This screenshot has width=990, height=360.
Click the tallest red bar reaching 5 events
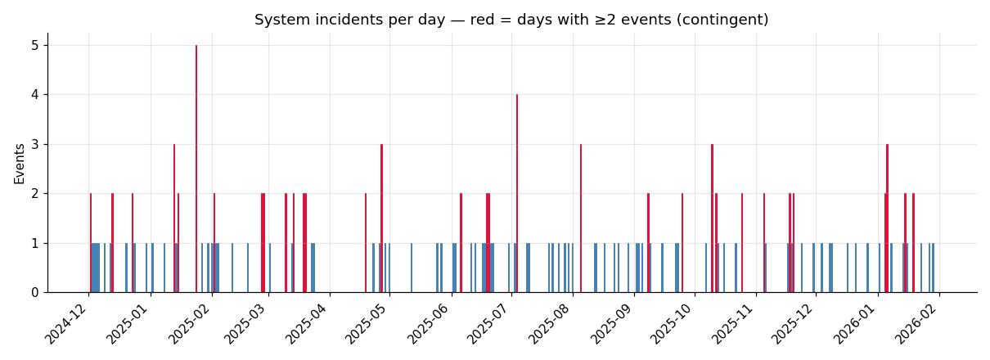[196, 169]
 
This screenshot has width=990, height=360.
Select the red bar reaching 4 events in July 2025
[517, 193]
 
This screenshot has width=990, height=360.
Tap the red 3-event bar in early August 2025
[581, 218]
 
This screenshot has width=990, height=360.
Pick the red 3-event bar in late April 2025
[381, 218]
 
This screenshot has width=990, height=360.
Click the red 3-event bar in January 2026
[887, 218]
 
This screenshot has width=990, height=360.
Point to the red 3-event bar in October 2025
[712, 218]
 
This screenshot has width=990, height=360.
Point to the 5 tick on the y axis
[34, 45]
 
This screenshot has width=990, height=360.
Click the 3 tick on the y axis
[34, 144]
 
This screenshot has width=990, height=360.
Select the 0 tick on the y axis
[34, 292]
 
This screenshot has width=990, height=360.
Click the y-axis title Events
[19, 163]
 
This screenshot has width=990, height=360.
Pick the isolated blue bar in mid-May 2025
[412, 268]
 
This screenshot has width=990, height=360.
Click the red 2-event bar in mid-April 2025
[366, 242]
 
